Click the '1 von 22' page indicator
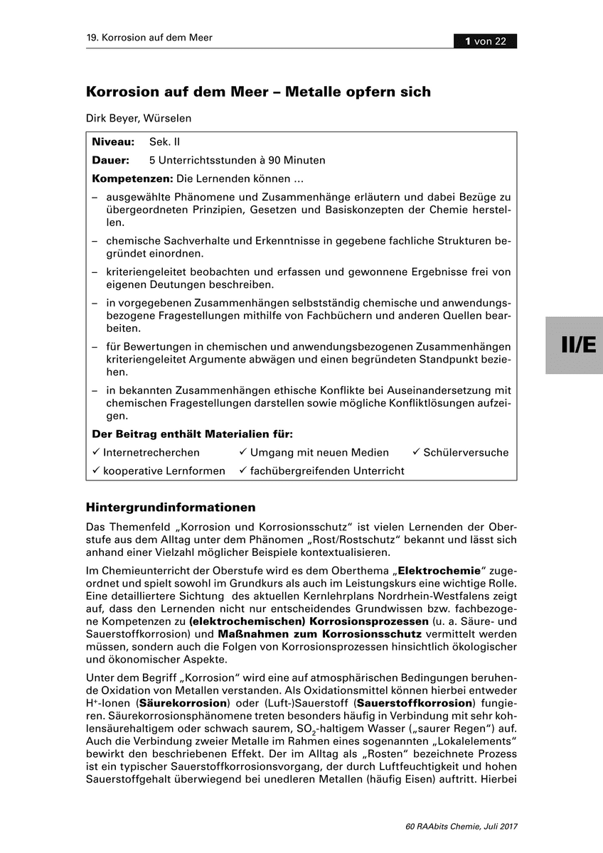[486, 41]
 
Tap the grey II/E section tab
[574, 345]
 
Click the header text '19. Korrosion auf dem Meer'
[149, 38]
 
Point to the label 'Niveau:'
[114, 143]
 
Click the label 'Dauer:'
[111, 160]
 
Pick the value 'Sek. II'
[165, 143]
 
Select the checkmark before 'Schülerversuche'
[416, 452]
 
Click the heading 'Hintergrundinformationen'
[171, 508]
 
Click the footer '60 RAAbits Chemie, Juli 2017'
[461, 827]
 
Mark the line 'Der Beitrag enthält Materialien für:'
[193, 434]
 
